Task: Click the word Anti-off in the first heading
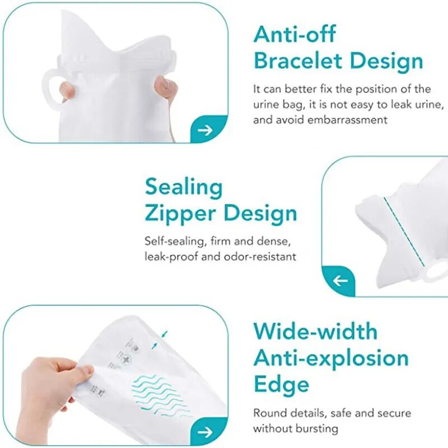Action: point(295,34)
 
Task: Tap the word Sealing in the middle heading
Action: point(184,187)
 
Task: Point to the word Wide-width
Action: point(315,331)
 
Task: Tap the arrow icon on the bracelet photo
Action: point(206,130)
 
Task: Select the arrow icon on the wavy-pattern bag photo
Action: point(206,432)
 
